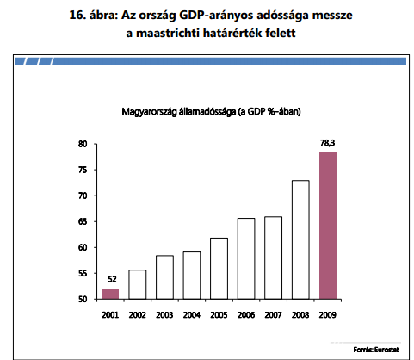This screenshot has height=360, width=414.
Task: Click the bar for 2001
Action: pos(110,294)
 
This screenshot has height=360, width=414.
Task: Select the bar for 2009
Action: pos(328,226)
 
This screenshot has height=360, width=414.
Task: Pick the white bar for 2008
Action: pos(300,239)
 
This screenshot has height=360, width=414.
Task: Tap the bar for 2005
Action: pos(219,269)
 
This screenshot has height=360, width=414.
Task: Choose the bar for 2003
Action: pos(164,277)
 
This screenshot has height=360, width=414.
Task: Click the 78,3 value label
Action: pos(328,143)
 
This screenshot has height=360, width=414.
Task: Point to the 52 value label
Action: pos(112,279)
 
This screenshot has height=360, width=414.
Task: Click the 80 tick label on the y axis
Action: pos(83,144)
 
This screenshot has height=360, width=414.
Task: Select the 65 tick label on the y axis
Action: pos(83,221)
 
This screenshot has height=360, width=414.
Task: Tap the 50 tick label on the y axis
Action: pos(83,299)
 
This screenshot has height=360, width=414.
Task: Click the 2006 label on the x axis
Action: pos(246,315)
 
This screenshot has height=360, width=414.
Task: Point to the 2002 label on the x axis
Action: pos(138,315)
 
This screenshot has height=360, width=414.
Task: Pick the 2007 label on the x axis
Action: pos(273,315)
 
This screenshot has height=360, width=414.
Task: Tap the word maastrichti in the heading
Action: pos(168,33)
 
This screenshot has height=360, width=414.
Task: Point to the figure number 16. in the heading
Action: pos(77,15)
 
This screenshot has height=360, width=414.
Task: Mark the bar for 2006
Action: pos(246,258)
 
